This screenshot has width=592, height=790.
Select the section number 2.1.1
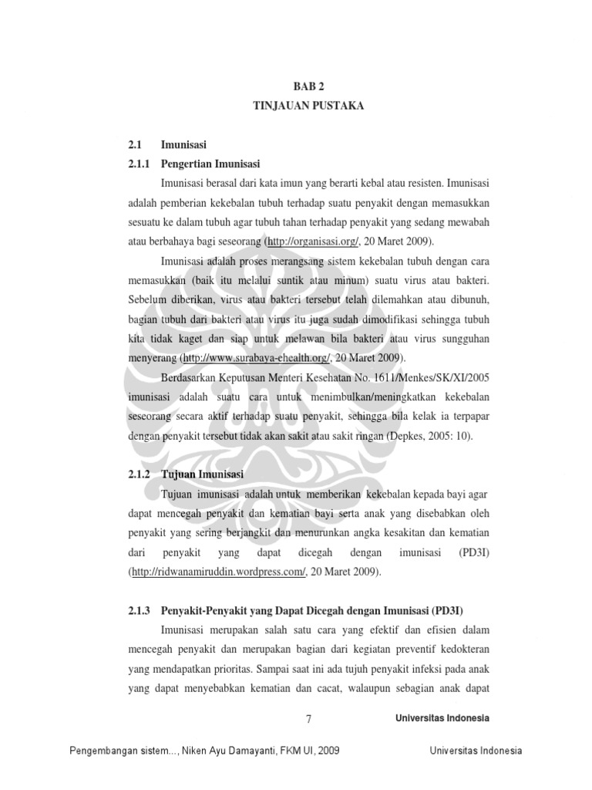pyautogui.click(x=139, y=164)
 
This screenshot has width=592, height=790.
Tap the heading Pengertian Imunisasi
pyautogui.click(x=210, y=164)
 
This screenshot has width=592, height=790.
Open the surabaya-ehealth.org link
pyautogui.click(x=257, y=359)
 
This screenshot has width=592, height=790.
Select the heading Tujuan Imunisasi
pyautogui.click(x=203, y=474)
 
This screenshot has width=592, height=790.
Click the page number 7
pyautogui.click(x=309, y=719)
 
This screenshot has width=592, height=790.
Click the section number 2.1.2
pyautogui.click(x=139, y=474)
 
